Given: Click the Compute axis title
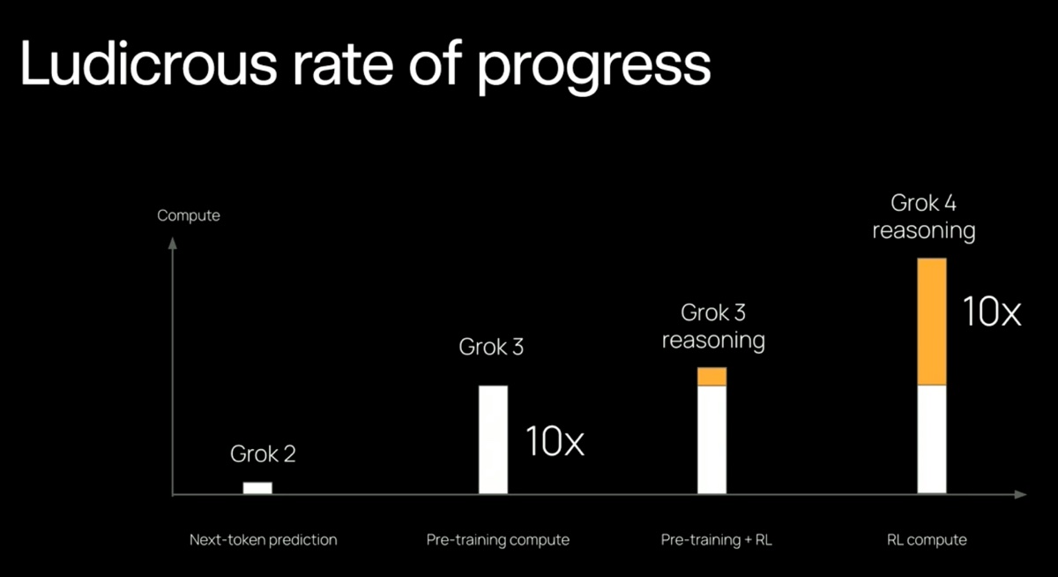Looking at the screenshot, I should (189, 215).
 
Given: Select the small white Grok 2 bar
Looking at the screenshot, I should (257, 487).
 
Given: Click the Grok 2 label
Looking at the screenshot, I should (263, 454).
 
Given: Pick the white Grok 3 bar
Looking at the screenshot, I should (493, 439).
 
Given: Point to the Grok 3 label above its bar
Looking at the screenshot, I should (491, 347).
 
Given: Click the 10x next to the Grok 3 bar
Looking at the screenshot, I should (555, 441).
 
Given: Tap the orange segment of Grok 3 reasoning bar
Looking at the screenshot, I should (712, 377).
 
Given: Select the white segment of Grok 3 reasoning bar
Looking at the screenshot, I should (712, 439).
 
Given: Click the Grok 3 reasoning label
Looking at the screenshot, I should (713, 326).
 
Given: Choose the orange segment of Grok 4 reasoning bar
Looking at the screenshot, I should (932, 322).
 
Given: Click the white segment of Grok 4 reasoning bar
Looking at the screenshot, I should (932, 439).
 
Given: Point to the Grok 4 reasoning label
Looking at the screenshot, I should (924, 217).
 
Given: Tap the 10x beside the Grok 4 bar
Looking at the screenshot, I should (991, 312).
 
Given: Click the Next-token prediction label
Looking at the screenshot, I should (263, 539).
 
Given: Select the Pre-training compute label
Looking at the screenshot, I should (498, 539).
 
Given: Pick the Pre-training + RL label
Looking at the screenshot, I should (717, 539).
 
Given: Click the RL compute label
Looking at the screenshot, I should (927, 539).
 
